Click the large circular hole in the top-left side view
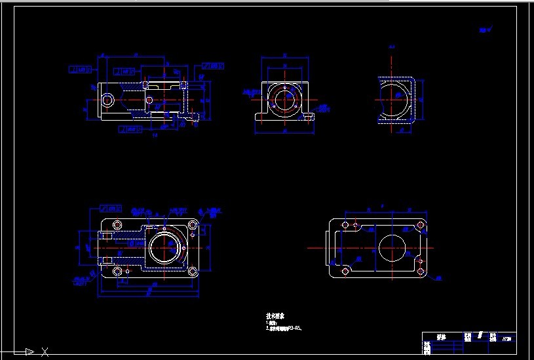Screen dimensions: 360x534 pyautogui.click(x=107, y=100)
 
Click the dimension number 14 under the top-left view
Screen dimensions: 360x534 pyautogui.click(x=155, y=136)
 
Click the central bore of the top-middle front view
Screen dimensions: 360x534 pyautogui.click(x=286, y=100)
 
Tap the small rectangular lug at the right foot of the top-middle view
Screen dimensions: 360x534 pyautogui.click(x=308, y=117)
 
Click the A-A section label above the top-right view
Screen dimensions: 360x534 pyautogui.click(x=391, y=47)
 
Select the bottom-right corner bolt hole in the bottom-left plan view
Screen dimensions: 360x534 pyautogui.click(x=193, y=271)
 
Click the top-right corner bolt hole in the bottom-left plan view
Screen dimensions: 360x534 pyautogui.click(x=193, y=226)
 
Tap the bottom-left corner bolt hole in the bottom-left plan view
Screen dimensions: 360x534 pyautogui.click(x=117, y=271)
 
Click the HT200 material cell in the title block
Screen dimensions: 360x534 pyautogui.click(x=506, y=339)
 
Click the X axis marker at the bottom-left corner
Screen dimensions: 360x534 pyautogui.click(x=45, y=352)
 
